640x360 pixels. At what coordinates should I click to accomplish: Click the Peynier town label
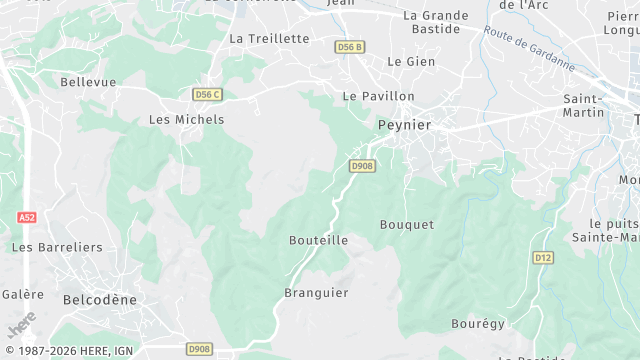[x=404, y=124]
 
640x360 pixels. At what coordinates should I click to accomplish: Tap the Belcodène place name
[x=99, y=299]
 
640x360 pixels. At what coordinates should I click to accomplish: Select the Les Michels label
[x=186, y=119]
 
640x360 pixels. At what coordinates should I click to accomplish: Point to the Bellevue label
[x=88, y=81]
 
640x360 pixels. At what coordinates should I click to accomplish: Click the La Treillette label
[x=269, y=38]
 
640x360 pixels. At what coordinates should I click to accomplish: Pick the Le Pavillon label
[x=378, y=96]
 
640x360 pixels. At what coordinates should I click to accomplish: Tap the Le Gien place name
[x=410, y=61]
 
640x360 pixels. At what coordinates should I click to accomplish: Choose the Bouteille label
[x=318, y=240]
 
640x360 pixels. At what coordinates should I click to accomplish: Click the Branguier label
[x=316, y=293]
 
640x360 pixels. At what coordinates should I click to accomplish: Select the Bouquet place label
[x=407, y=225]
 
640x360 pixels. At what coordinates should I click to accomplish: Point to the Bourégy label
[x=478, y=324]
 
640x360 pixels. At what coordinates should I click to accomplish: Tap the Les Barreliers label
[x=57, y=246]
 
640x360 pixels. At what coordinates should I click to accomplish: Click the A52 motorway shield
[x=27, y=217]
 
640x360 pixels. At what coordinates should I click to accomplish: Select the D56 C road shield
[x=206, y=94]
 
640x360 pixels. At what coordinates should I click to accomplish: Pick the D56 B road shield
[x=350, y=47]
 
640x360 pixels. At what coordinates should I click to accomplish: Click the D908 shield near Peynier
[x=362, y=166]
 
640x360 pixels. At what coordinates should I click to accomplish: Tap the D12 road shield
[x=542, y=258]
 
